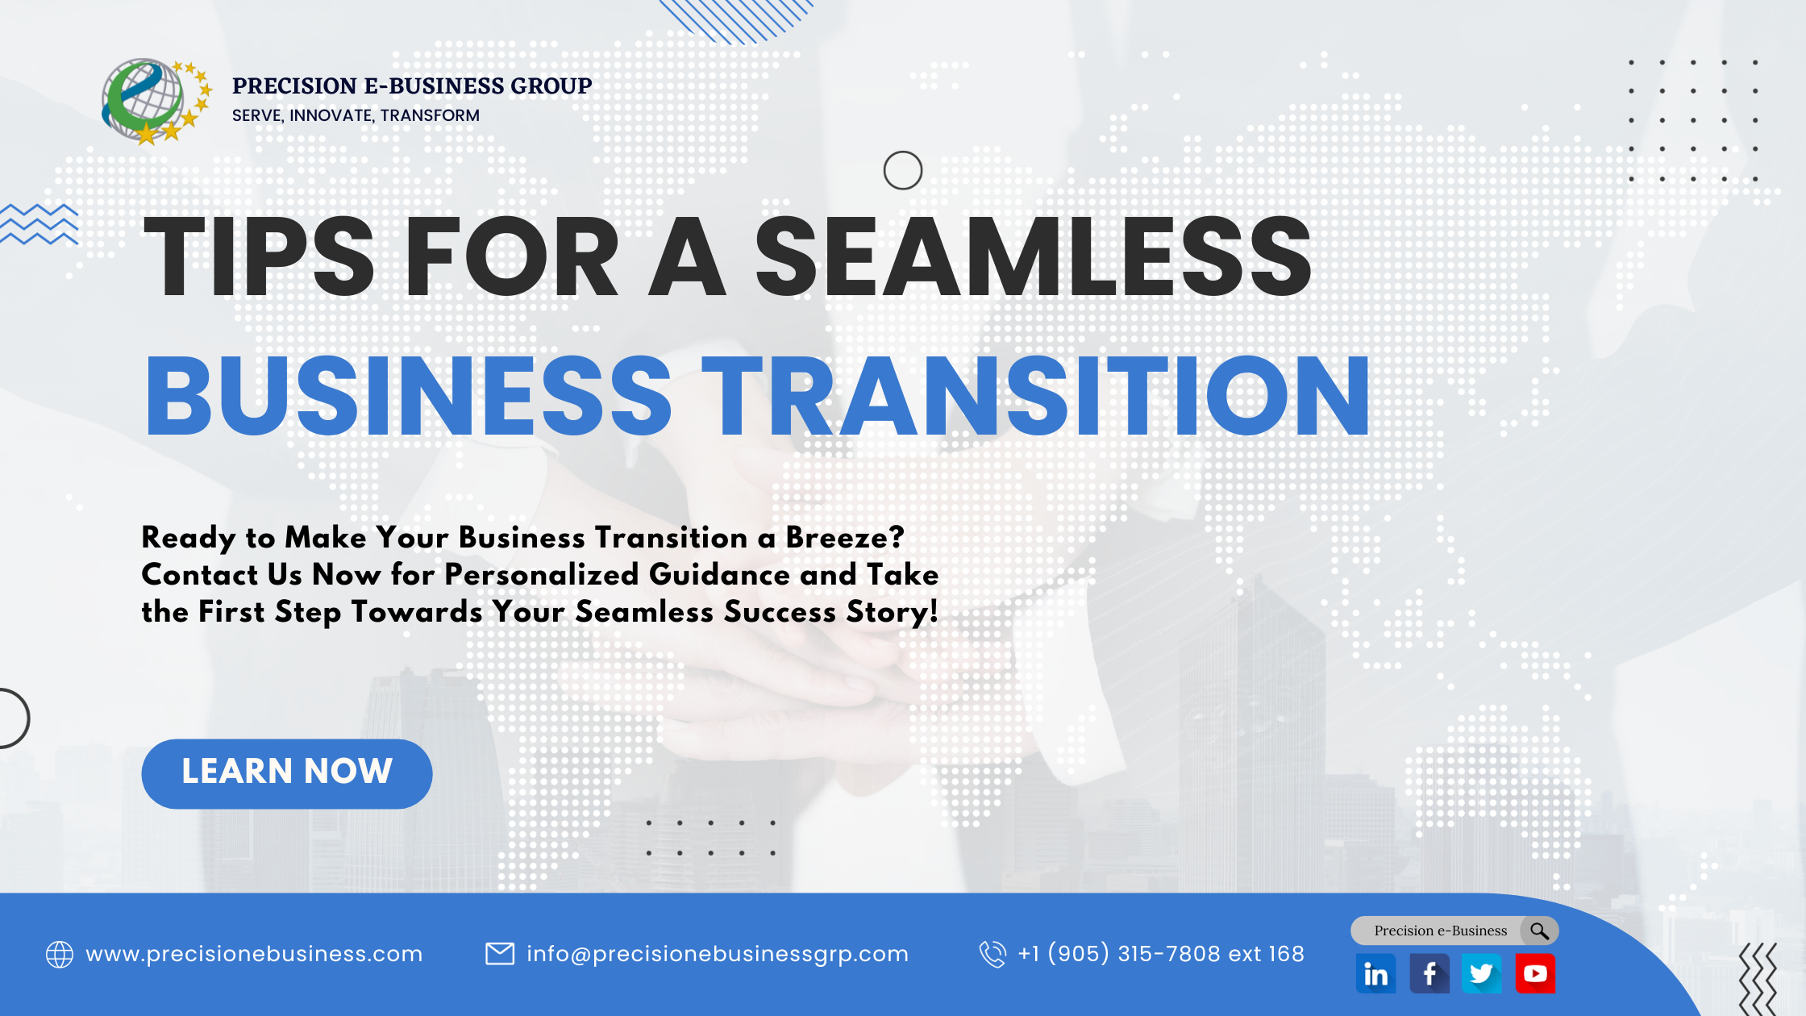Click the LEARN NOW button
tap(286, 773)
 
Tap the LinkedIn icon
tap(1375, 974)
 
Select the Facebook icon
tap(1429, 974)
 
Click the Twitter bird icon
tap(1481, 974)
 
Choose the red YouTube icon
tap(1534, 974)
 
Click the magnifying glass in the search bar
tap(1539, 931)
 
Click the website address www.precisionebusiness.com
tap(254, 954)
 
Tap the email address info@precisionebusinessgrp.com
tap(717, 954)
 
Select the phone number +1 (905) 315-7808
tap(1160, 954)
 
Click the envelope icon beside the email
tap(500, 954)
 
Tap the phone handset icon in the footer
tap(992, 954)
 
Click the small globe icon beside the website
tap(60, 954)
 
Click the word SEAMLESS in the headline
tap(1033, 257)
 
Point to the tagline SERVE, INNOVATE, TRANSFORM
tap(356, 115)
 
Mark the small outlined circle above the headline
tap(902, 170)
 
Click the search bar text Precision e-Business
tap(1440, 931)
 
